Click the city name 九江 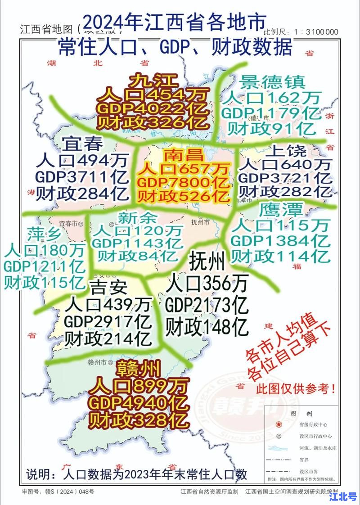[x=153, y=81]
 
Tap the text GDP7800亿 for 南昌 [x=184, y=183]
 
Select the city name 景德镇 [x=273, y=82]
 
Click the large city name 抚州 [x=207, y=261]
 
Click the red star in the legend [x=279, y=424]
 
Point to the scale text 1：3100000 [x=315, y=32]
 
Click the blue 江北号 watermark [x=343, y=496]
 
